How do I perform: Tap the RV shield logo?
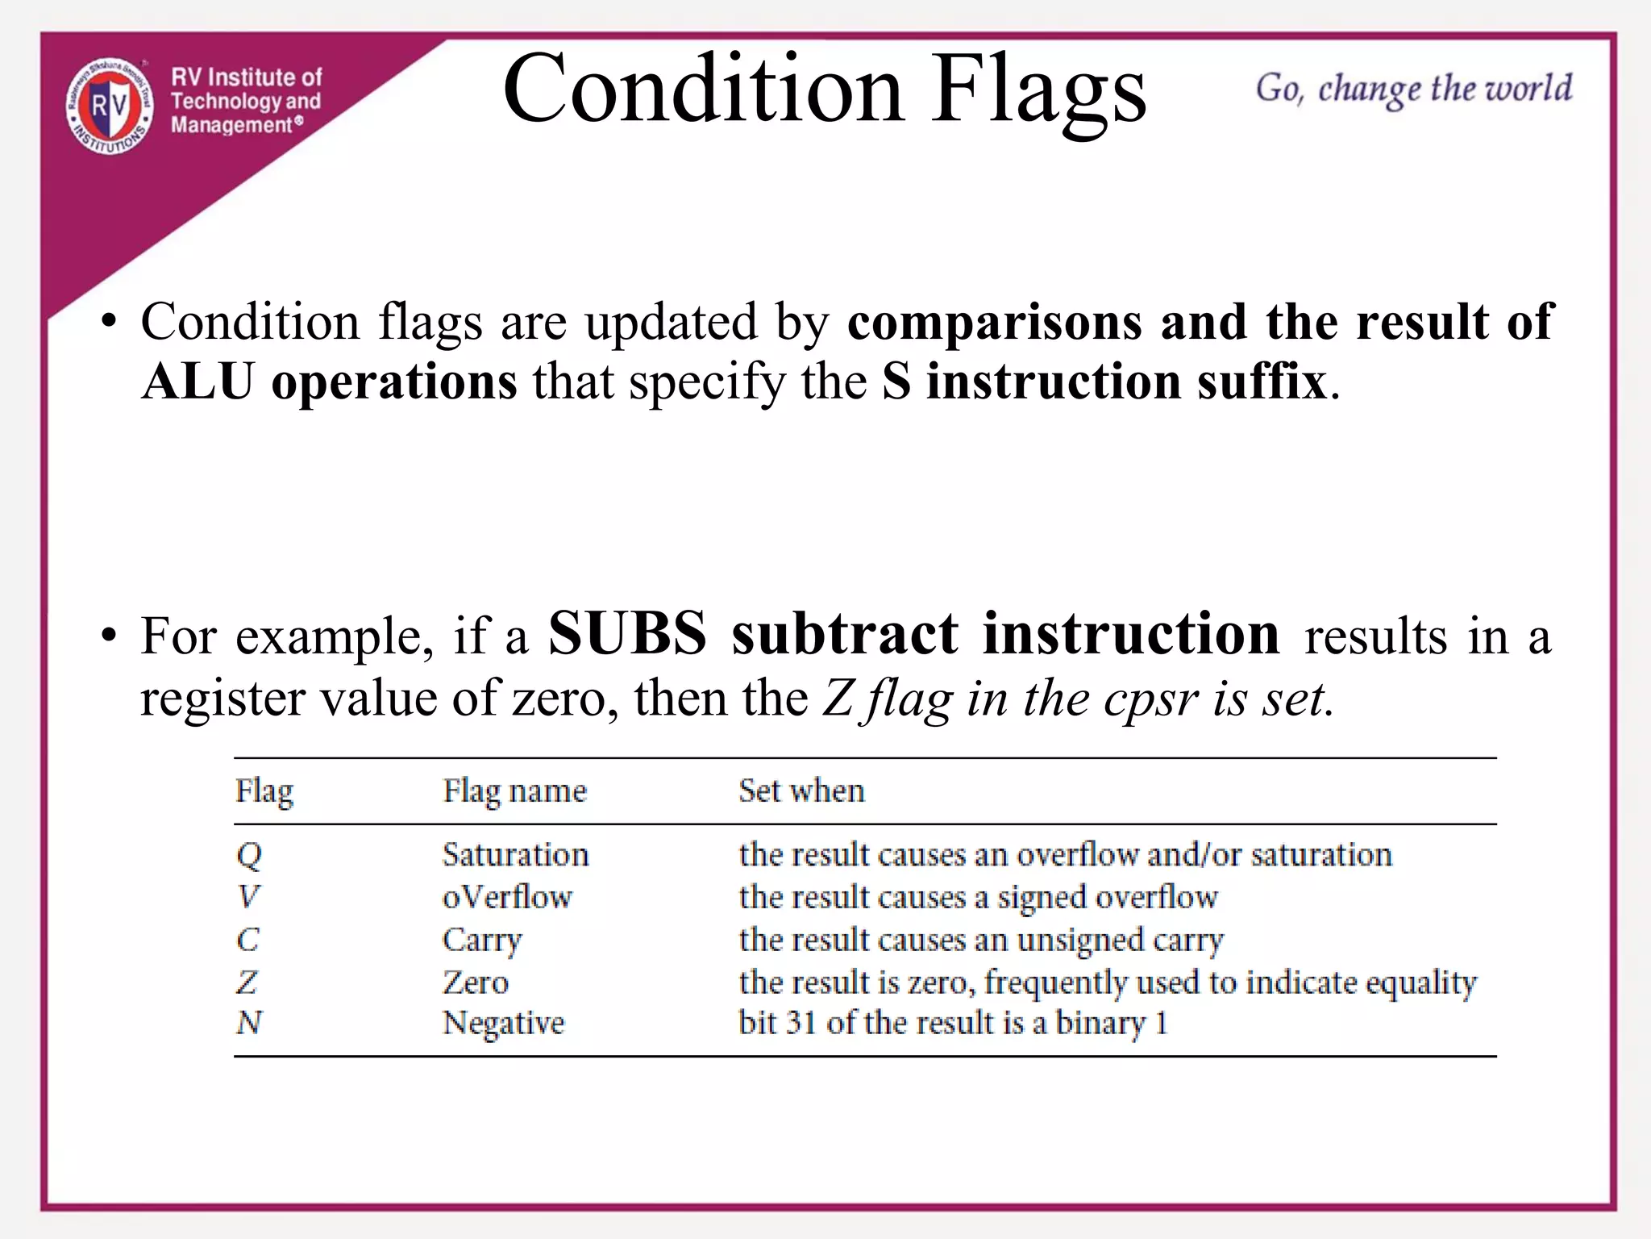[x=110, y=106]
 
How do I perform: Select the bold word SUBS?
[x=627, y=633]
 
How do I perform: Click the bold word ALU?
[x=198, y=381]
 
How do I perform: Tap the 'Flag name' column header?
[x=514, y=791]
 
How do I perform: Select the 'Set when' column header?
[x=801, y=791]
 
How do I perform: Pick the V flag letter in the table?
[x=248, y=897]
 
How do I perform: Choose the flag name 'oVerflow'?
[x=507, y=897]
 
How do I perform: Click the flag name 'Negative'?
[x=503, y=1024]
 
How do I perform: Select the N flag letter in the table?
[x=249, y=1023]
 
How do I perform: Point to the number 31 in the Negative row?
[x=802, y=1023]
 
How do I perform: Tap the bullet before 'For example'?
[x=110, y=636]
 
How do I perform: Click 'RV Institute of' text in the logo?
[x=246, y=77]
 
